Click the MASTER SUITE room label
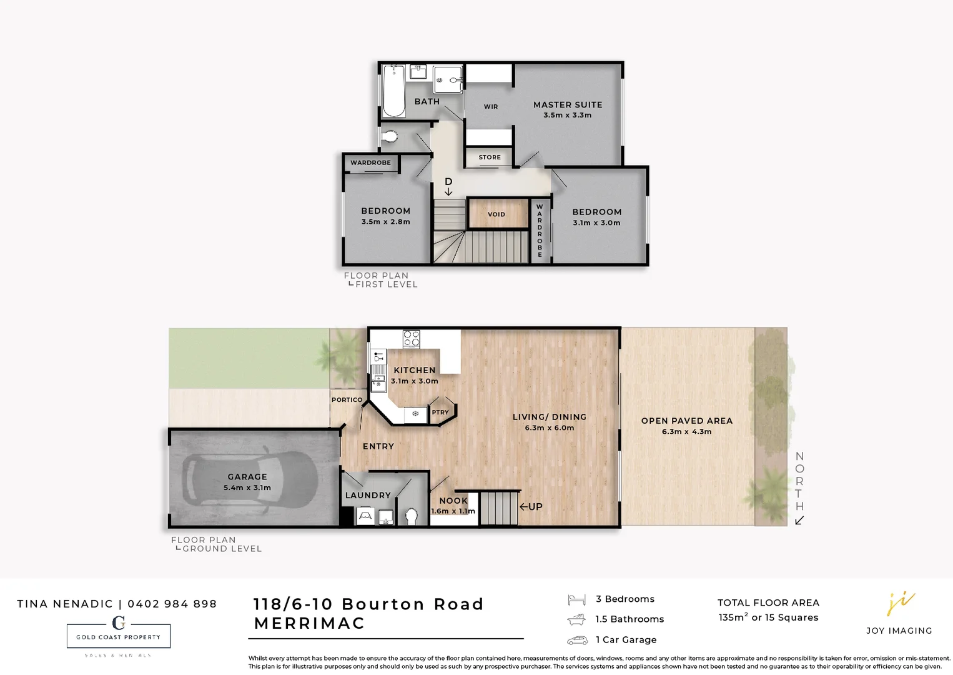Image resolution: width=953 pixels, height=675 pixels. [568, 105]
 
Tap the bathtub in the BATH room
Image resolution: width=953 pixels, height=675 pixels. [393, 91]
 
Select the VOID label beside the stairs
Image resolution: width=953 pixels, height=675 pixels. [496, 214]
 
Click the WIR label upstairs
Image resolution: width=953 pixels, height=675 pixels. [491, 107]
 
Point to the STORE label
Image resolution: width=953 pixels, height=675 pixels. [490, 157]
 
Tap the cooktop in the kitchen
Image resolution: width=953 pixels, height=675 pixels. [411, 339]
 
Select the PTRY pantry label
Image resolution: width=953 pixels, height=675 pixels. [440, 412]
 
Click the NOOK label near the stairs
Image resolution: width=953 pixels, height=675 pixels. [453, 501]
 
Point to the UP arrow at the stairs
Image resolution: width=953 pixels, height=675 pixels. [524, 507]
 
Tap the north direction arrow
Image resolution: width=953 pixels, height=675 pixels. [799, 521]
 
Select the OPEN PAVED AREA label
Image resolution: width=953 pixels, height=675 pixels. [687, 421]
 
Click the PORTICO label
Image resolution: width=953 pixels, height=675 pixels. [347, 400]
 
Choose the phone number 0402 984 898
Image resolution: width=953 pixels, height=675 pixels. [172, 604]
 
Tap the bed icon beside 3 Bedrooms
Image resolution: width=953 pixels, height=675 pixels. [576, 600]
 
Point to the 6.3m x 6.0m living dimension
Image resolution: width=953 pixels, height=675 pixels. [550, 428]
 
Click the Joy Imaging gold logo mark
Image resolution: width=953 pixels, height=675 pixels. [900, 603]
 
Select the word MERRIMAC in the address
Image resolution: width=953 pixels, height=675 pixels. [310, 624]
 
